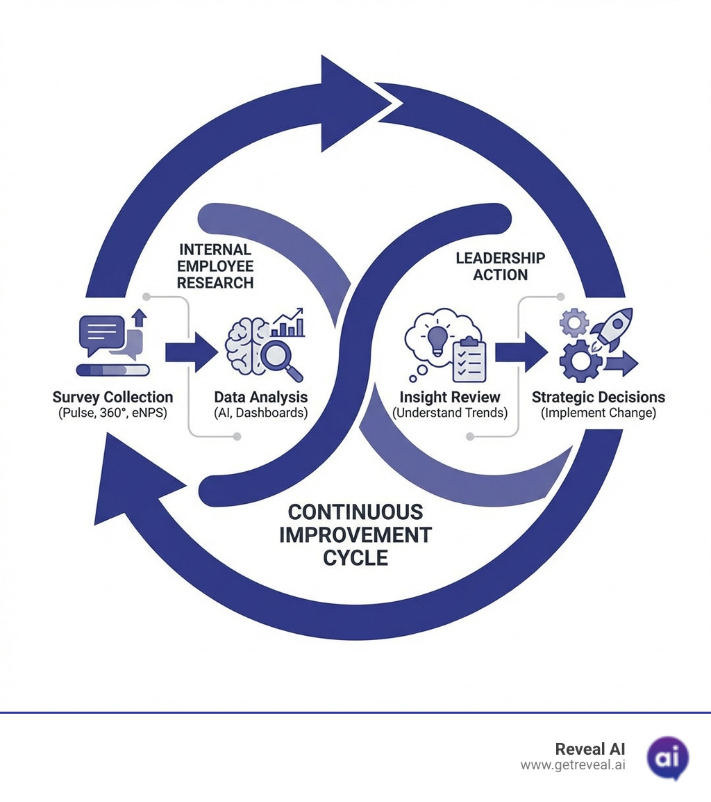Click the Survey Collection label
point(112,398)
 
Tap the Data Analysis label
point(260,398)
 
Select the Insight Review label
point(449,398)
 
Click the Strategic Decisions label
point(598,398)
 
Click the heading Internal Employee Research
point(215,266)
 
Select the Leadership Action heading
point(500,266)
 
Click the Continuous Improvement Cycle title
point(355,535)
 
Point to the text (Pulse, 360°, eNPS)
point(112,414)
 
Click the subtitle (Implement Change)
point(598,414)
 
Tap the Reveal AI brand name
point(589,749)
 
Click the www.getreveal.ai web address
point(572,765)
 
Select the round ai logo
point(667,758)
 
